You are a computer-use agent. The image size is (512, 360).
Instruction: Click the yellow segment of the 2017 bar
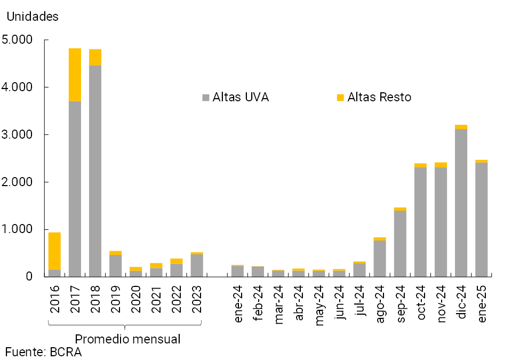pyautogui.click(x=75, y=75)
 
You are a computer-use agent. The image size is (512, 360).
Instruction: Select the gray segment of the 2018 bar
pyautogui.click(x=95, y=171)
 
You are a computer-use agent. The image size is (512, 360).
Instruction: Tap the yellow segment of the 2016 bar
pyautogui.click(x=54, y=251)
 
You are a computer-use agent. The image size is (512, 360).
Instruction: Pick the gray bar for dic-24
pyautogui.click(x=461, y=203)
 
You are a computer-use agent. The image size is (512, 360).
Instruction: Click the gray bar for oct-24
pyautogui.click(x=420, y=221)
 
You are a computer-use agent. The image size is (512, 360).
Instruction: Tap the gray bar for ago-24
pyautogui.click(x=380, y=259)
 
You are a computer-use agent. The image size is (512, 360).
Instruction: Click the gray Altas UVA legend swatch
pyautogui.click(x=206, y=98)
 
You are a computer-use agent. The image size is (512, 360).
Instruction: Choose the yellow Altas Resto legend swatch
pyautogui.click(x=340, y=98)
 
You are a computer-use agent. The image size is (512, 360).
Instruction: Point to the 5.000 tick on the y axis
pyautogui.click(x=17, y=40)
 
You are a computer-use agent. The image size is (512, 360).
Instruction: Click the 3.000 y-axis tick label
pyautogui.click(x=17, y=134)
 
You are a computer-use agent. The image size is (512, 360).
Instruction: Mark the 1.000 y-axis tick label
pyautogui.click(x=17, y=229)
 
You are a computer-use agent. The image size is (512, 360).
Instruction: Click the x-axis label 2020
pyautogui.click(x=135, y=299)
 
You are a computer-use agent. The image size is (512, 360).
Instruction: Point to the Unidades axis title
pyautogui.click(x=33, y=17)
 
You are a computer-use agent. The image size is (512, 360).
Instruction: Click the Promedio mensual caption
pyautogui.click(x=127, y=339)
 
